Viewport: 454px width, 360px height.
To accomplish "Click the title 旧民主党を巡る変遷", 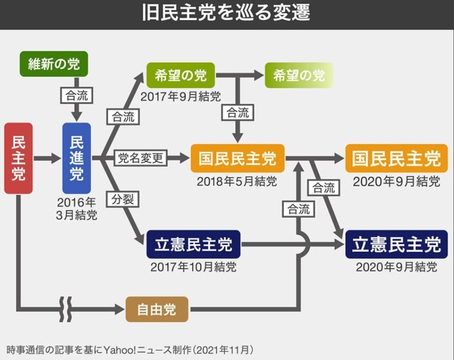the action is [226, 13].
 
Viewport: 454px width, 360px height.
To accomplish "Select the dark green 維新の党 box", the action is [54, 64].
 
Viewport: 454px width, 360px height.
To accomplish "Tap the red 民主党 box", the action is [18, 158].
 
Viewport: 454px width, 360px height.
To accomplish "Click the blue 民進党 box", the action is [77, 158].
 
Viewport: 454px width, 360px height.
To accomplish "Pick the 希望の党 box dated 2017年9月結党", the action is [181, 75].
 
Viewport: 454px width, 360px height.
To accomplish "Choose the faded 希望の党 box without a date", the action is [299, 75].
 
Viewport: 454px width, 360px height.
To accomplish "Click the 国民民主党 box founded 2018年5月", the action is [238, 158].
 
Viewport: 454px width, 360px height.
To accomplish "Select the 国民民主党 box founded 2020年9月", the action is [397, 158].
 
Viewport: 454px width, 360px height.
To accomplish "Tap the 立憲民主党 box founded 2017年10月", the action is [194, 244].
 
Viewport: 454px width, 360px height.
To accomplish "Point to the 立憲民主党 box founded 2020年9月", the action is [397, 244].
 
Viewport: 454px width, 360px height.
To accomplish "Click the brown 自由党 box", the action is [157, 310].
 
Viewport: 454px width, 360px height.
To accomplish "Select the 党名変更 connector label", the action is [140, 158].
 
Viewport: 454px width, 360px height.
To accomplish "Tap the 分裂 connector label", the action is [123, 199].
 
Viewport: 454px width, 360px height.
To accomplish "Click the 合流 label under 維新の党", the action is [77, 95].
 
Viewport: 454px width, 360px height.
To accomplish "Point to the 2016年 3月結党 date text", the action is [77, 209].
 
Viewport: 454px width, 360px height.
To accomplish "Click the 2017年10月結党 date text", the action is [194, 267].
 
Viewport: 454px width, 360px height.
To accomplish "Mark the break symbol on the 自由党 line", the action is [66, 310].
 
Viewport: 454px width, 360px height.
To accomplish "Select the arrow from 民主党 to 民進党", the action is [48, 158].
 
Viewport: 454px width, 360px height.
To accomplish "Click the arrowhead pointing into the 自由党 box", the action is [120, 310].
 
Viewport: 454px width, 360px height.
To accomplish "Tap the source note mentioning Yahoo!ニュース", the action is [130, 350].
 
